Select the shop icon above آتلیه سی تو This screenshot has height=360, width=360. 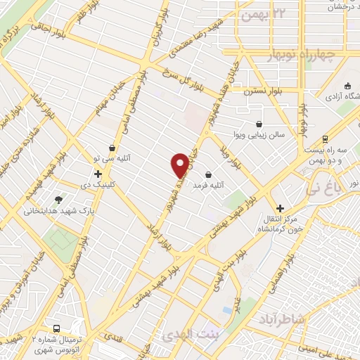click(112, 148)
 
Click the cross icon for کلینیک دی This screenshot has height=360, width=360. click(98, 174)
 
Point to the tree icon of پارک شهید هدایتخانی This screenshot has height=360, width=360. click(58, 200)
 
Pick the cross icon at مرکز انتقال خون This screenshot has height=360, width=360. click(280, 208)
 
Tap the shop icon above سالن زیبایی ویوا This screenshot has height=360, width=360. click(259, 124)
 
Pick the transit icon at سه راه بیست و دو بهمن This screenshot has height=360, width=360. click(324, 139)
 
